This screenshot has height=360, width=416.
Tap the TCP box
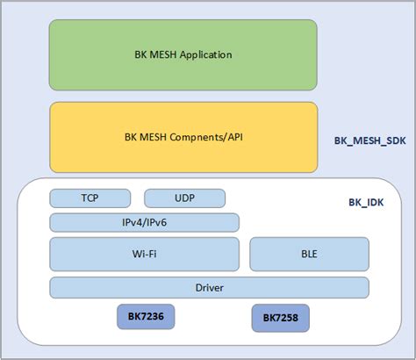click(x=90, y=198)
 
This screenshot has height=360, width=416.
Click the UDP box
click(x=184, y=198)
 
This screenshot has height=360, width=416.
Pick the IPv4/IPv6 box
click(x=144, y=222)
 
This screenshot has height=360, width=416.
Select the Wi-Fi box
click(x=144, y=255)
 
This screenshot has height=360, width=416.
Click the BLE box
click(x=308, y=255)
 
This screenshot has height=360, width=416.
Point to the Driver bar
click(x=208, y=287)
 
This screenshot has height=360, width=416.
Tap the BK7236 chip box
click(x=142, y=316)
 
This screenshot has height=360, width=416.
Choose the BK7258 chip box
click(x=280, y=318)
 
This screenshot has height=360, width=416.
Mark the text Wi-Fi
click(x=144, y=256)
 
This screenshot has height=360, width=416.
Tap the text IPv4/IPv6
click(x=144, y=222)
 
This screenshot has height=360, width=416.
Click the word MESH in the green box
click(x=159, y=54)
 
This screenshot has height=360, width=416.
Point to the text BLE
click(x=308, y=256)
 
